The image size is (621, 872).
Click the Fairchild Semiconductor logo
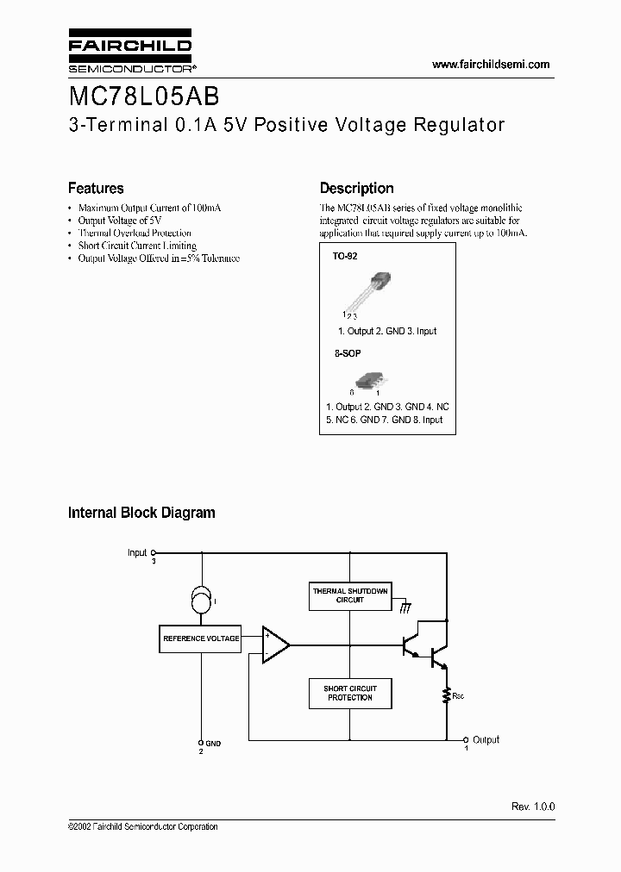[129, 53]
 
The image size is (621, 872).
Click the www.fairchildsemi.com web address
[489, 65]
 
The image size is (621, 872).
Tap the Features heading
[96, 188]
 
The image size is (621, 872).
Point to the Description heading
[356, 188]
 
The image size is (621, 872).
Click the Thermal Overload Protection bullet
[135, 233]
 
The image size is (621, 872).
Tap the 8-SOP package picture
[369, 379]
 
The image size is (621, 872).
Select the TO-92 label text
[345, 257]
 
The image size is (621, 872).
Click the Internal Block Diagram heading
[141, 513]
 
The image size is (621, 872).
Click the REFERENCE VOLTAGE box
[201, 638]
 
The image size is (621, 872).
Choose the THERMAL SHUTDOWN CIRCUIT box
[349, 595]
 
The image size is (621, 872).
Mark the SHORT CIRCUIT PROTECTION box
[349, 693]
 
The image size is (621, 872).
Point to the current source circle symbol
[202, 600]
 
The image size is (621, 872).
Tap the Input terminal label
[137, 552]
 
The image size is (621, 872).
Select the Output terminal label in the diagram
[486, 739]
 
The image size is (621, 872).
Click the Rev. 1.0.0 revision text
[533, 807]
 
